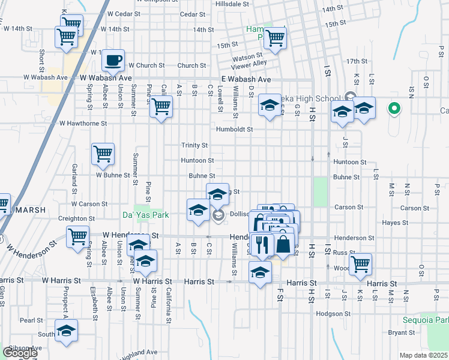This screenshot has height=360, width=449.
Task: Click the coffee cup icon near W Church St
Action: pos(113,60)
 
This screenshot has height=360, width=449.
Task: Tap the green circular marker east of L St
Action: pos(394,109)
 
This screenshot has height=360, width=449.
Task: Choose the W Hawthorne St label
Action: pos(83,123)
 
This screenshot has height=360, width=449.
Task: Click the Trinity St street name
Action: pos(194,145)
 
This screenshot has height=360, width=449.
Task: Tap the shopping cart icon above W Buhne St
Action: pos(103,154)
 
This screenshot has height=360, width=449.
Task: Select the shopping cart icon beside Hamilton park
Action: pos(275,37)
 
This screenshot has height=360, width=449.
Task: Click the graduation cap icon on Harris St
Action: pos(260,273)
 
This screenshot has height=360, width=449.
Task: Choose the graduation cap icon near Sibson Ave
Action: pos(66,330)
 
